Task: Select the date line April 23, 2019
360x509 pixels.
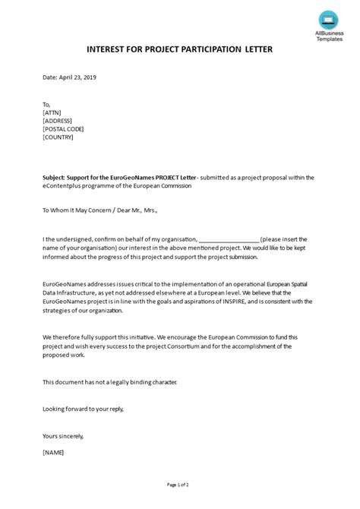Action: click(x=69, y=77)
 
